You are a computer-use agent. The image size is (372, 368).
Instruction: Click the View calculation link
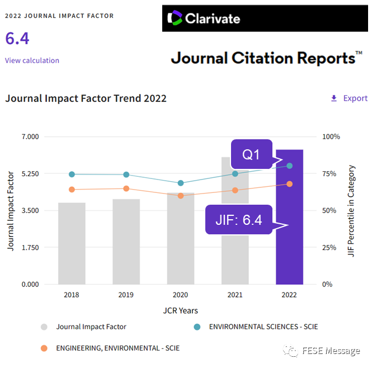pos(32,60)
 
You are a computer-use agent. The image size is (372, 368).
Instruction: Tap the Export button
pos(349,98)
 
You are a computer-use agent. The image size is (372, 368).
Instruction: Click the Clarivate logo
pos(204,18)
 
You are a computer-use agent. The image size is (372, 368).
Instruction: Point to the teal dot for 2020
pos(181,183)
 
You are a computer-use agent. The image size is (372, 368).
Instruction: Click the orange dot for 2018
pos(72,190)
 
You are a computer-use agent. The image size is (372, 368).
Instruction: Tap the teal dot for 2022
pos(290,166)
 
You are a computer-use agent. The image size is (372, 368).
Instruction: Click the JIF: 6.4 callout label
pos(239,220)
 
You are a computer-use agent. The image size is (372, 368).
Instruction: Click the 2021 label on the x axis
pos(235,295)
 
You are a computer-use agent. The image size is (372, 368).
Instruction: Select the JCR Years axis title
pos(180,310)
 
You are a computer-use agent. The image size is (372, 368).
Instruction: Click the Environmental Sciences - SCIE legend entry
pos(263,327)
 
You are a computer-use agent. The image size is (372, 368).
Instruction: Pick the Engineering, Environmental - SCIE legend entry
pos(117,348)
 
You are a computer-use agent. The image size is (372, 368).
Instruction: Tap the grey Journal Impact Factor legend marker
pos(44,327)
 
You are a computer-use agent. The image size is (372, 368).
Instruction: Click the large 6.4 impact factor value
pos(17,39)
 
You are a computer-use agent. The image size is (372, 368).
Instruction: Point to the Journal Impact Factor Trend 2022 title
pos(86,98)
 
